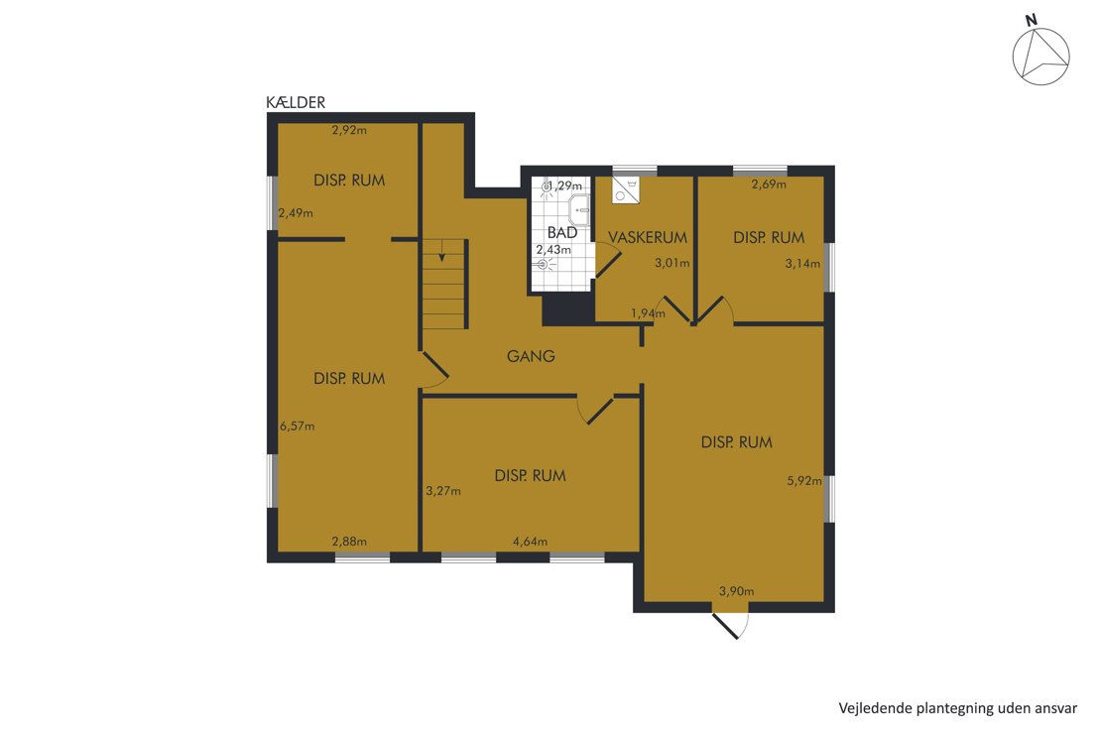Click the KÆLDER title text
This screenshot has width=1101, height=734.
296,102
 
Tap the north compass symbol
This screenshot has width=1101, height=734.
1040,53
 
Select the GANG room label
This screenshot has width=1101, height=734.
531,356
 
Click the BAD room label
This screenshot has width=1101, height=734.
561,232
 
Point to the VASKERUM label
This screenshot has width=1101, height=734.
648,237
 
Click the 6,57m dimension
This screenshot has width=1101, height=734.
297,426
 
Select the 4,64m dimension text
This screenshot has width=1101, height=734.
530,542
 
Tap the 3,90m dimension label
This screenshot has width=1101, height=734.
737,591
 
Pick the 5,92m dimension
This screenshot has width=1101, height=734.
804,481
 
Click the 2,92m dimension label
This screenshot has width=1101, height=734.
349,130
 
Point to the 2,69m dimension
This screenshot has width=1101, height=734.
769,184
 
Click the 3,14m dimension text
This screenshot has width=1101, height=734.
802,264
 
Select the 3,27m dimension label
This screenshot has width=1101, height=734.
443,491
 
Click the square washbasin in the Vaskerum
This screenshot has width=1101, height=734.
625,189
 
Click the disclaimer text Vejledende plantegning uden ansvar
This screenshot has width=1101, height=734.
958,708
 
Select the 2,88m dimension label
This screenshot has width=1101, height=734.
349,542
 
